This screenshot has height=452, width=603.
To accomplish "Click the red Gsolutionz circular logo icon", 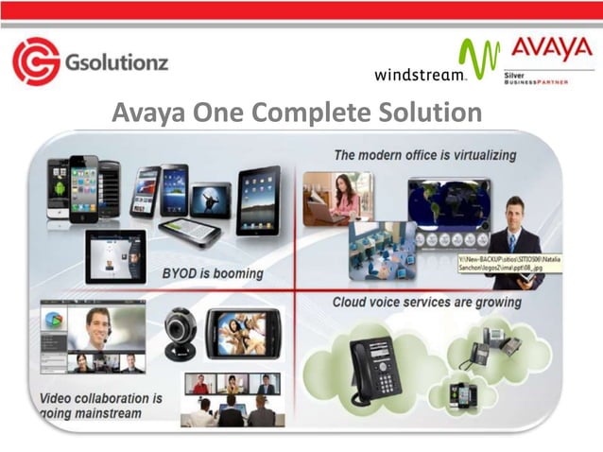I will coord(36,61).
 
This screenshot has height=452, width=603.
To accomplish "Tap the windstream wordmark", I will coord(420,74).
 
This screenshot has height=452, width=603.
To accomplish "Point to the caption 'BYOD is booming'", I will coord(213,273).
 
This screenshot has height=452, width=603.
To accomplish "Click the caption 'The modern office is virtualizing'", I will coord(424,154).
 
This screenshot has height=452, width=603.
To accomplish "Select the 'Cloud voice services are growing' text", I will coord(426,303).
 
